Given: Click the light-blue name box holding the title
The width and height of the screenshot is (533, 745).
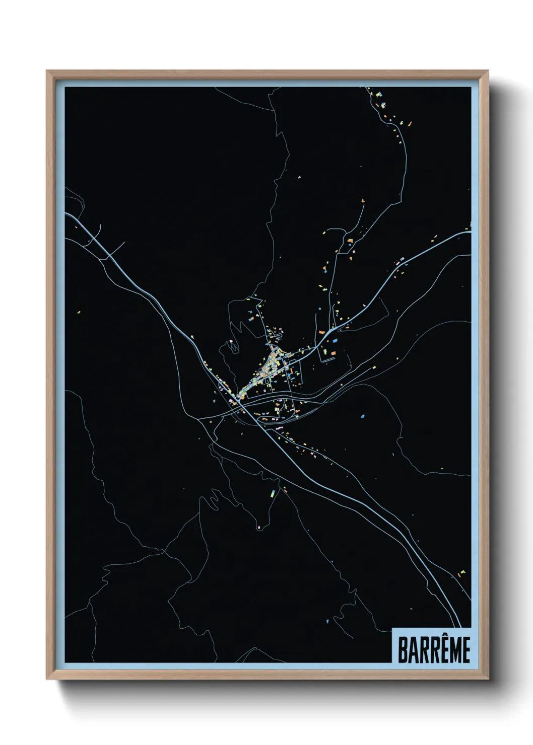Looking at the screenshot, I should pyautogui.click(x=431, y=646).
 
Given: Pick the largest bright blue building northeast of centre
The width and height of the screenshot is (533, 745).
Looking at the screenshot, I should pyautogui.click(x=335, y=341).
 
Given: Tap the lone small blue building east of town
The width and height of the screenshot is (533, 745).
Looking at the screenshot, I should pyautogui.click(x=363, y=416).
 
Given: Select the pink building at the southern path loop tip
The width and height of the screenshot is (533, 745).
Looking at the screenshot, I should pyautogui.click(x=259, y=528).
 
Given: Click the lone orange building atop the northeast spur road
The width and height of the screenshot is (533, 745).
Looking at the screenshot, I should pyautogui.click(x=363, y=201).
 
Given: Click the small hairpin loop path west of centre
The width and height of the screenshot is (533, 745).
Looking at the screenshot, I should pyautogui.click(x=233, y=347).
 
